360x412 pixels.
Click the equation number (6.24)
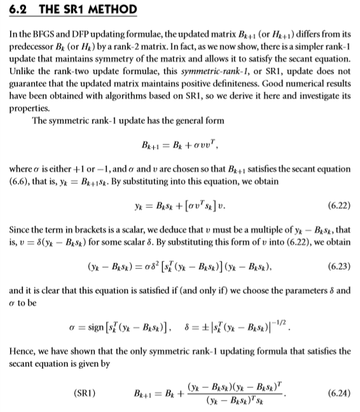coord(337,392)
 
